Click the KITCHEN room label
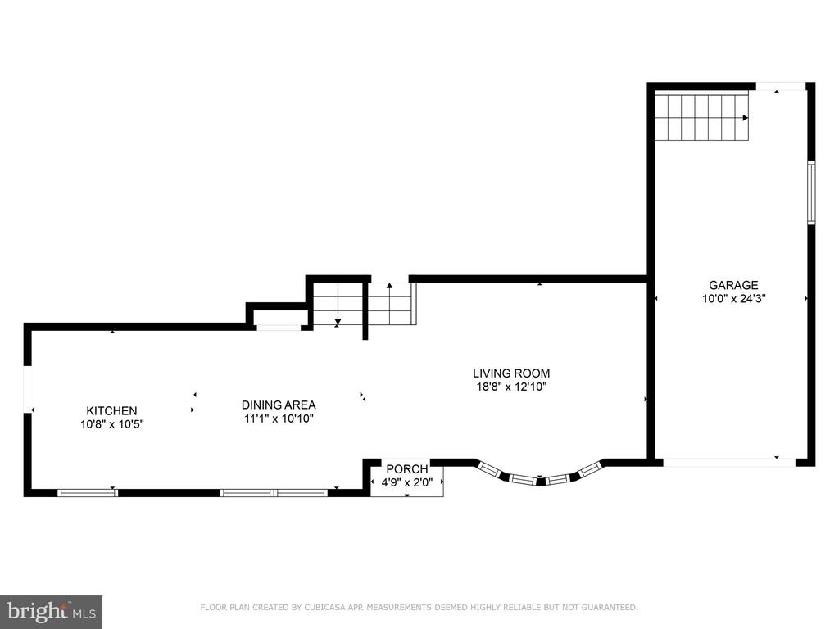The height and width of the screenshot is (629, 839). [111, 411]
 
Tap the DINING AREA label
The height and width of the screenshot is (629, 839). [279, 405]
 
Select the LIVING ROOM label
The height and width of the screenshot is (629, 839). [511, 373]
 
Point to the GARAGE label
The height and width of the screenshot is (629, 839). [733, 285]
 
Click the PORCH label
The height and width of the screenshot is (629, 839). [407, 469]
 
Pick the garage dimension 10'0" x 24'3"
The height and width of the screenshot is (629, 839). [733, 299]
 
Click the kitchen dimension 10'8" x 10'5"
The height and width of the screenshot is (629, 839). [111, 425]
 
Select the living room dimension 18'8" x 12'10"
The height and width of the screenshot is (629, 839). [511, 387]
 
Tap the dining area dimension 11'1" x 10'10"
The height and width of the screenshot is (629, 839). [279, 419]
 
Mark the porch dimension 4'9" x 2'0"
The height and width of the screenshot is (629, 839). [407, 482]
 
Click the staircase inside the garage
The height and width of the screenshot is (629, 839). [701, 116]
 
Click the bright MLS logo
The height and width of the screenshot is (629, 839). [52, 612]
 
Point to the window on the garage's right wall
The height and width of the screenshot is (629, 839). [811, 192]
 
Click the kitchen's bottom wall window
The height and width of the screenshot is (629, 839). [88, 492]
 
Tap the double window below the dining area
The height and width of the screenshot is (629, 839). [274, 492]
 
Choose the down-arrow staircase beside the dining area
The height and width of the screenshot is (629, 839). [338, 305]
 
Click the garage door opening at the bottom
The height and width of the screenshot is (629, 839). [729, 462]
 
